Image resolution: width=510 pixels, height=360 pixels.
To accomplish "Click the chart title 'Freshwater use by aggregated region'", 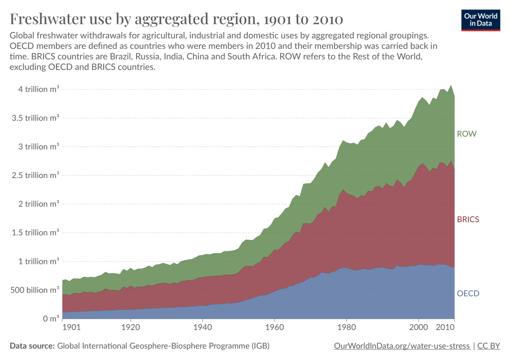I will pos(176,19).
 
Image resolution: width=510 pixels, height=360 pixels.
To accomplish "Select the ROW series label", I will pos(467,134).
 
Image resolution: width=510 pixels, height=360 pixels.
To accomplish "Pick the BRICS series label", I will pos(468,219).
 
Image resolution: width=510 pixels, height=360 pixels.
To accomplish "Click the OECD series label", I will pos(468,293).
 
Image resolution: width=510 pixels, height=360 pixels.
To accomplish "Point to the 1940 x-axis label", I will pos(202,328).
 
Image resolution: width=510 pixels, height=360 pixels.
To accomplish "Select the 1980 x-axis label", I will pos(346,328).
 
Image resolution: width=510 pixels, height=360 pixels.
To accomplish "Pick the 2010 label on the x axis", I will pos(445,328).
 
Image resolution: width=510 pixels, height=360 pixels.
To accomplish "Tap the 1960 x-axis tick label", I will pos(274,328).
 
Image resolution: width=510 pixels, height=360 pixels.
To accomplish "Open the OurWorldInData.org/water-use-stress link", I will pos(401,346).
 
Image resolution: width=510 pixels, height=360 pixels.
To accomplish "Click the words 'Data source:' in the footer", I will pos(32,346).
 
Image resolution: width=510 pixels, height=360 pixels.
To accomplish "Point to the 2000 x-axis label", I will pos(419,328).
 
